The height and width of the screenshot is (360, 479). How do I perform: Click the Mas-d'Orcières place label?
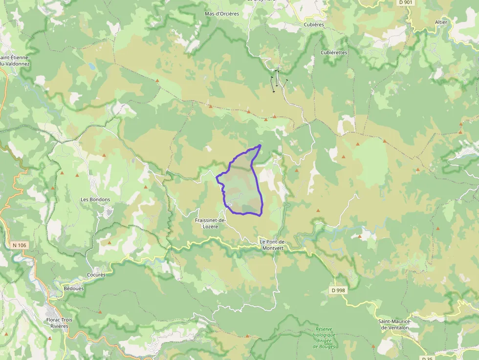pos(222,14)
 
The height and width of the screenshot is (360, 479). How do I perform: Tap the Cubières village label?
pos(314,24)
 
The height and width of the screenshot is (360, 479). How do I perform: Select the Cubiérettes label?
pos(334,52)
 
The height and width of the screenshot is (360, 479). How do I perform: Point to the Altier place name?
pos(441,22)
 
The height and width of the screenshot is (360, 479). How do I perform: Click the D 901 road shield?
pos(405,2)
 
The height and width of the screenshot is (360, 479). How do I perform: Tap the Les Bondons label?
pos(95,200)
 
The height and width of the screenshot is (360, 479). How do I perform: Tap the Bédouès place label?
pos(74,288)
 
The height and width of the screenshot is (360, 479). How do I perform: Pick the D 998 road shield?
pos(338,290)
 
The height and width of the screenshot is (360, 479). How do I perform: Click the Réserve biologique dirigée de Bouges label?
pos(324,338)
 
